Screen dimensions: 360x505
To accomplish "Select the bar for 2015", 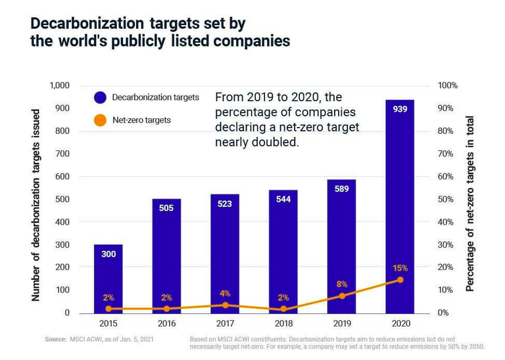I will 108,276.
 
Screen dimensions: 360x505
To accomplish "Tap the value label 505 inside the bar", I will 166,208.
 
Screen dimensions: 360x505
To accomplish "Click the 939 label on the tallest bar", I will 399,109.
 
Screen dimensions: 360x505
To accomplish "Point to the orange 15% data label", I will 400,268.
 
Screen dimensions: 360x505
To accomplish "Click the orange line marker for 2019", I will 342,296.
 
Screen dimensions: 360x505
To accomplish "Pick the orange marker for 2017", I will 225,305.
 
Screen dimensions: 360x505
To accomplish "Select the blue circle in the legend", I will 99,98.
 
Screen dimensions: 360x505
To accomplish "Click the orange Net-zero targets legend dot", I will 99,120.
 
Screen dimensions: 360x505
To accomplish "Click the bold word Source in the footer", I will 55,340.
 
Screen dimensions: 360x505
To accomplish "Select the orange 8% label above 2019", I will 342,284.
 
